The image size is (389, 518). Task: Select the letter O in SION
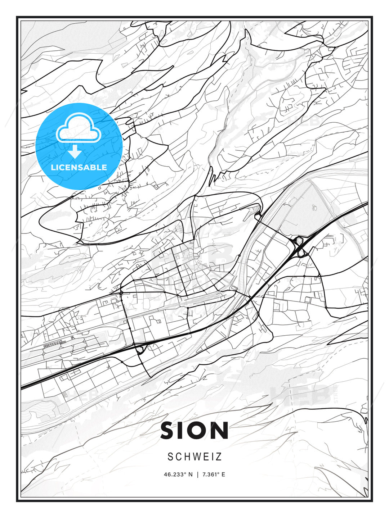click(x=201, y=431)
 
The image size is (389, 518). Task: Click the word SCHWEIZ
click(x=194, y=457)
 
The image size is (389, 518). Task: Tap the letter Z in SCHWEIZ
click(x=219, y=457)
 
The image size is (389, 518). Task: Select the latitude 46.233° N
click(x=178, y=474)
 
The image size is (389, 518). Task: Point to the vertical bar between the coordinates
click(x=197, y=474)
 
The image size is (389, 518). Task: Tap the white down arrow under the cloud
click(x=75, y=152)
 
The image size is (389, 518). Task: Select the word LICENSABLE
click(x=79, y=167)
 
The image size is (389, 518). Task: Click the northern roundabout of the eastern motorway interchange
click(x=299, y=240)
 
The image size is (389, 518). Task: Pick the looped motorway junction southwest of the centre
click(x=139, y=349)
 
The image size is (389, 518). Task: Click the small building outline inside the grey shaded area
click(x=314, y=208)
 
